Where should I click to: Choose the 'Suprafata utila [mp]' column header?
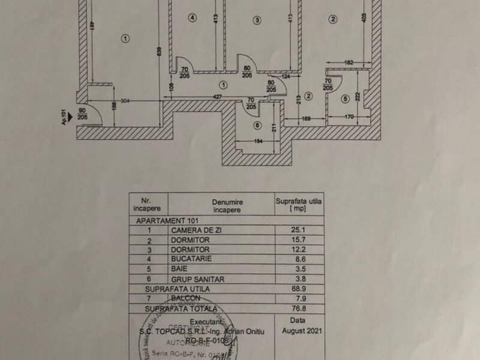298,206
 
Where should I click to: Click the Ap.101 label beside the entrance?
62,113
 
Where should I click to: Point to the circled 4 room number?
192,18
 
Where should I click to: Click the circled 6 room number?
258,125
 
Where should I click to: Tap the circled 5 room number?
345,99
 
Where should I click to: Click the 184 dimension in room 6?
258,141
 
